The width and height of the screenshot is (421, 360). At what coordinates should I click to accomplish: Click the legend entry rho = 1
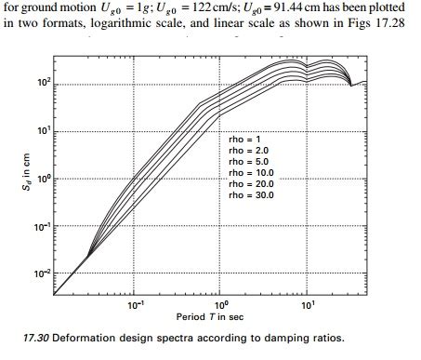[247, 139]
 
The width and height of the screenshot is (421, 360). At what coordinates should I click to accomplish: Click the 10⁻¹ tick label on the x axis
[136, 305]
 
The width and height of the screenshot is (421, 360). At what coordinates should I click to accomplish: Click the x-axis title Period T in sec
[221, 317]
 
